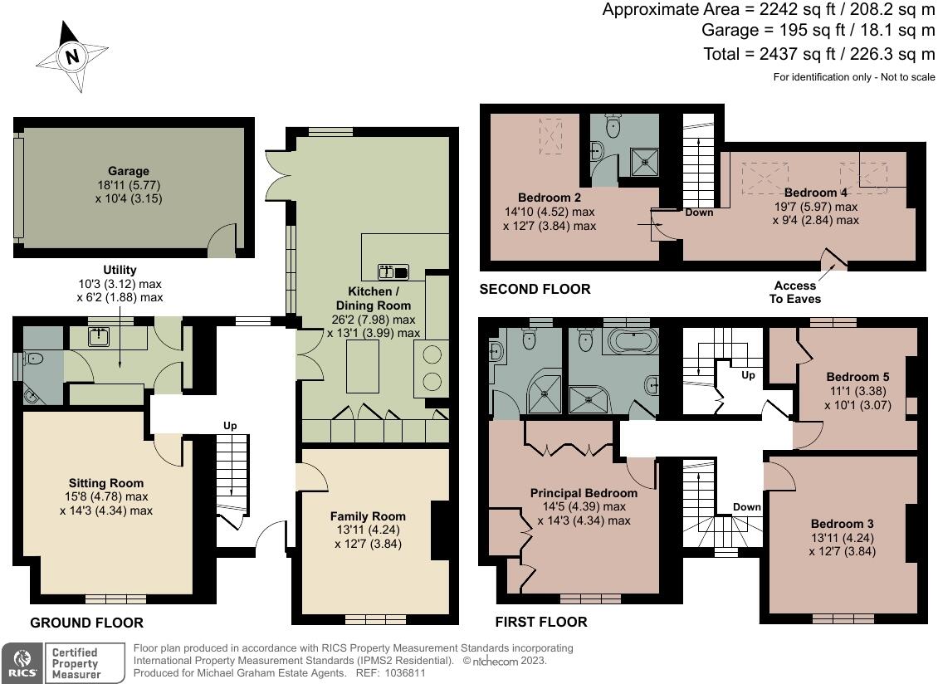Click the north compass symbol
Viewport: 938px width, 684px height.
(73, 56)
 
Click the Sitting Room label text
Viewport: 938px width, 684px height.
(105, 483)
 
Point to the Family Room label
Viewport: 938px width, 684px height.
(368, 515)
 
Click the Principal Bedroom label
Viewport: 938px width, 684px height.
(584, 493)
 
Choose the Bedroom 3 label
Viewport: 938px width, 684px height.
(842, 524)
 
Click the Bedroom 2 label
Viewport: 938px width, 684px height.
(549, 198)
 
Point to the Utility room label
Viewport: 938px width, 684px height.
(120, 270)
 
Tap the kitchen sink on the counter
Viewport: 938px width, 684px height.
(393, 271)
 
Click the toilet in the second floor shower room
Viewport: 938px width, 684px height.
(613, 126)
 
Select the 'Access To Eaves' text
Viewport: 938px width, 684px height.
(794, 292)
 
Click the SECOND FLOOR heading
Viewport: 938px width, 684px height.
(535, 290)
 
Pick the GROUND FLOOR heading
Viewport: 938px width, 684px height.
(86, 623)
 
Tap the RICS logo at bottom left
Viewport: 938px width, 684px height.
(20, 662)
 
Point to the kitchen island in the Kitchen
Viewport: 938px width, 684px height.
(363, 367)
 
